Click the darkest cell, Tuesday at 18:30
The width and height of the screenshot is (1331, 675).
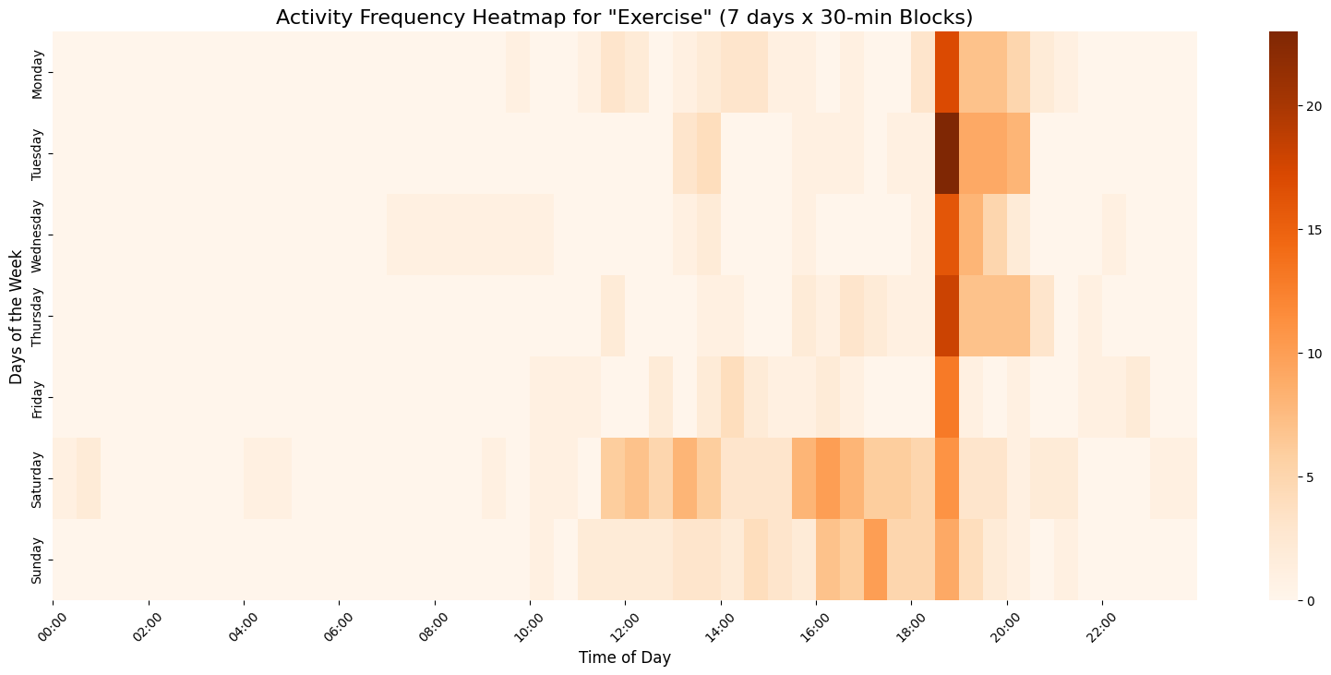(x=947, y=153)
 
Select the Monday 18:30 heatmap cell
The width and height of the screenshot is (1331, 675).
(x=947, y=72)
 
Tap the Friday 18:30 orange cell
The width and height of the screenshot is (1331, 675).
(x=947, y=397)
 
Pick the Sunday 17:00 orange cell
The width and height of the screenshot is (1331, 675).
(x=875, y=560)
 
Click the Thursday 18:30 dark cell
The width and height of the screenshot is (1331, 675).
(x=947, y=316)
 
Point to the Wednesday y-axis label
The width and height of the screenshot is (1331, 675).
(x=37, y=235)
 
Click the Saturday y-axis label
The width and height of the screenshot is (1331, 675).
(x=37, y=478)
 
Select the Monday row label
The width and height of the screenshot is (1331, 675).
(x=37, y=72)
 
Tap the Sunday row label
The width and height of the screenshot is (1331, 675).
(x=37, y=560)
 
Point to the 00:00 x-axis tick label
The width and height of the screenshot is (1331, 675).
(x=54, y=623)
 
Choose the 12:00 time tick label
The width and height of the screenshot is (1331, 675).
(x=625, y=623)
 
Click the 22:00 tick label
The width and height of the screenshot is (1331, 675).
(x=1101, y=623)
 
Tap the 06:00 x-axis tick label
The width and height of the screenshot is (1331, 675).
(x=339, y=623)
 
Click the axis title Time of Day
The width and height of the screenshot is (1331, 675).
(x=625, y=657)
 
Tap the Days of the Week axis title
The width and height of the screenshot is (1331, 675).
(x=16, y=316)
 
